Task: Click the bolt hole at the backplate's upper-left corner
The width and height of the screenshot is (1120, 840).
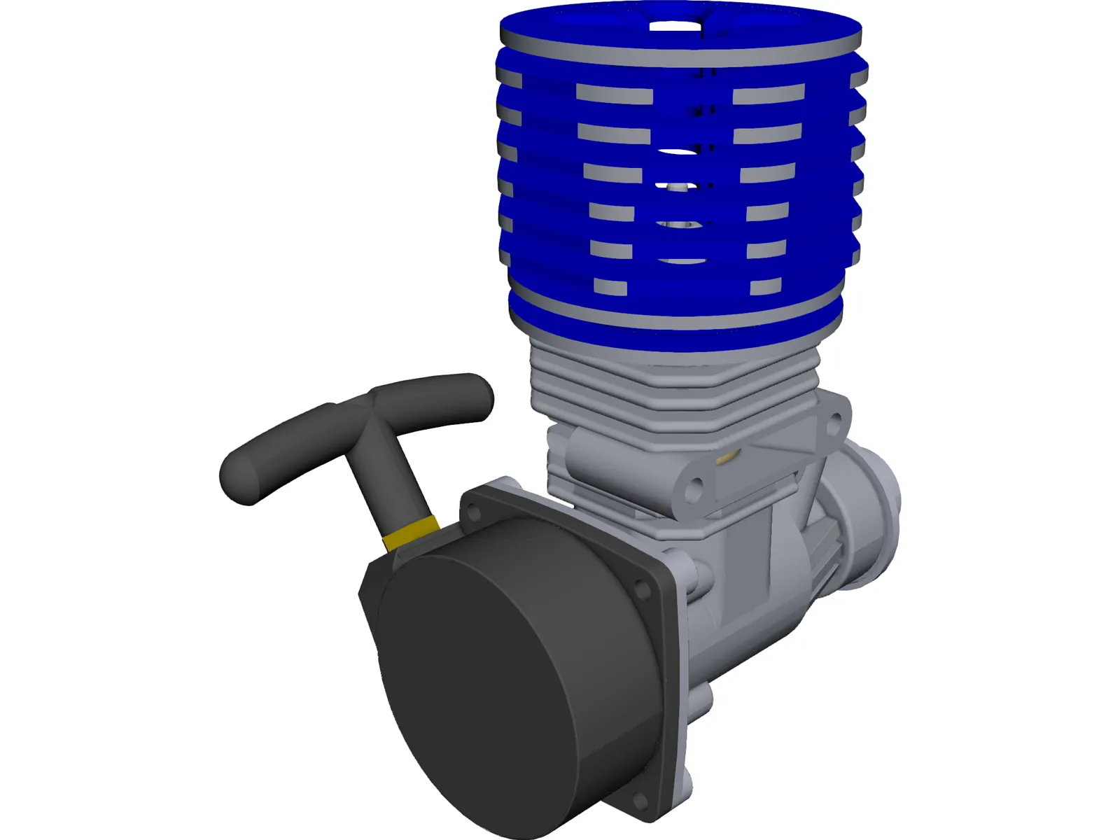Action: (x=474, y=513)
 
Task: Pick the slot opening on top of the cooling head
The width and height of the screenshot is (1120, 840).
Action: (x=675, y=27)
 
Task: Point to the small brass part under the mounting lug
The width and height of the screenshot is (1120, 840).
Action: (x=727, y=458)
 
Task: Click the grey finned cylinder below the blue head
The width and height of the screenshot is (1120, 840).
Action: (x=672, y=392)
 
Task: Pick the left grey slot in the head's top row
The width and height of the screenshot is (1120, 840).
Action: (x=614, y=94)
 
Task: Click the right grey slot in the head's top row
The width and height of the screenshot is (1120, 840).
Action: (x=769, y=94)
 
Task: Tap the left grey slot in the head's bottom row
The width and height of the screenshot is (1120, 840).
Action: (x=610, y=285)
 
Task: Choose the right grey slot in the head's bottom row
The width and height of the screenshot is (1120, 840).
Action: (x=765, y=286)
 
